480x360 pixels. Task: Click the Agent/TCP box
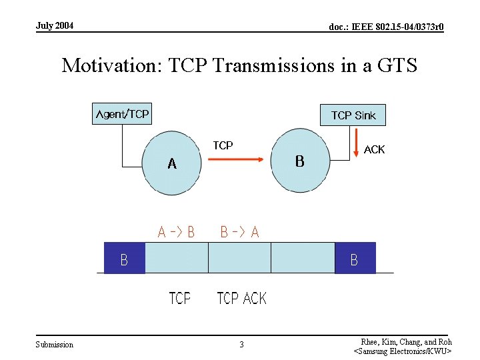[x=121, y=114]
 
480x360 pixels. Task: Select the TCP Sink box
[x=353, y=115]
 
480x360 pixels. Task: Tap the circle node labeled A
[x=172, y=163]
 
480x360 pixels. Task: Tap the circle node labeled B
[x=300, y=161]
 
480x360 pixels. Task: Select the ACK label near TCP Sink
[x=374, y=149]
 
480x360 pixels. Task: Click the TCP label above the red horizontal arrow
[x=223, y=145]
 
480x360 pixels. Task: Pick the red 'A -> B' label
[x=176, y=232]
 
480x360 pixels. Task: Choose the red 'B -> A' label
[x=239, y=232]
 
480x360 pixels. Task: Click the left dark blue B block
[x=125, y=258]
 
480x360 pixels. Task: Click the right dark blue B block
[x=355, y=258]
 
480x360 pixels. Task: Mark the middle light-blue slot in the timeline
[x=240, y=258]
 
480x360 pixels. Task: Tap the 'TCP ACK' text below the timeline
[x=241, y=298]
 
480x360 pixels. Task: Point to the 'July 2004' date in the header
[x=55, y=26]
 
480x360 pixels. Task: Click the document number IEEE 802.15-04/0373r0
[x=387, y=27]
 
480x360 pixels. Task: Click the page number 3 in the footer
[x=241, y=345]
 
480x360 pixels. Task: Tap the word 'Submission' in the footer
[x=55, y=345]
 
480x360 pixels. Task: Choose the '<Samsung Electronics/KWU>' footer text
[x=403, y=351]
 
